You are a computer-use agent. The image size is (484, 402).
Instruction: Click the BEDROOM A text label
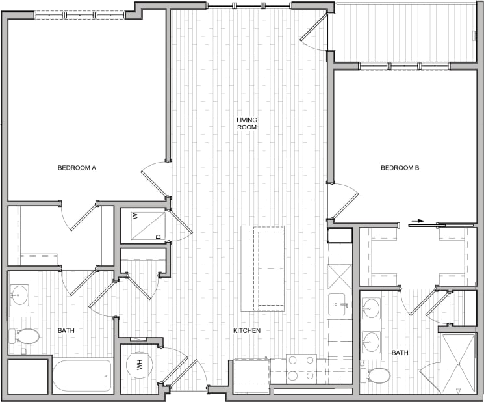pos(77,168)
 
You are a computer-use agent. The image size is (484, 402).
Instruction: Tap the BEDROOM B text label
pos(400,168)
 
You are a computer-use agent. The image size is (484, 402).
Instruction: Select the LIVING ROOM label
pos(246,124)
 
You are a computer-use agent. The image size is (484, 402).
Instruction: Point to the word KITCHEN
pos(247,331)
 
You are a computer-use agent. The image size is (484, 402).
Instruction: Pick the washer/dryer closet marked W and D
pos(144,225)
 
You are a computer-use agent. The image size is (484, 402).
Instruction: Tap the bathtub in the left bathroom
pos(81,376)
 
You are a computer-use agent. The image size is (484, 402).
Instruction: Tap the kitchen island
pos(262,268)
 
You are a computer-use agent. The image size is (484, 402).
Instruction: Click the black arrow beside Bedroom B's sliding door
pos(417,221)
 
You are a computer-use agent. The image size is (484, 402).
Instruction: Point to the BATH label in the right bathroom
pos(400,353)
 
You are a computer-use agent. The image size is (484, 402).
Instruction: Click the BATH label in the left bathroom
pos(66,331)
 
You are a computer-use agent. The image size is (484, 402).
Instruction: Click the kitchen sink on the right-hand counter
pos(338,304)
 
